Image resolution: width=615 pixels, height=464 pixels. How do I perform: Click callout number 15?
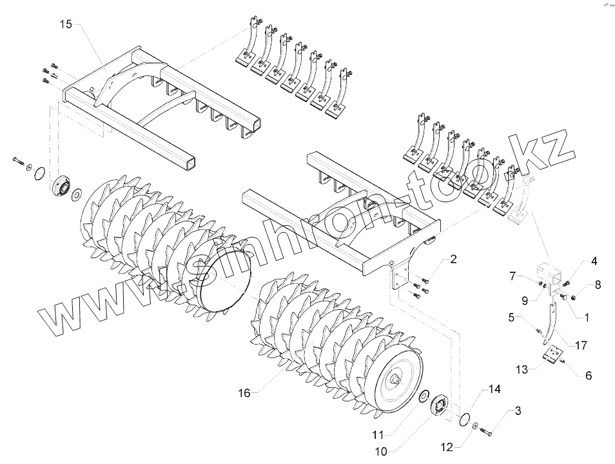[66, 25]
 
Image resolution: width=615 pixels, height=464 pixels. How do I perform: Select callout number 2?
[453, 259]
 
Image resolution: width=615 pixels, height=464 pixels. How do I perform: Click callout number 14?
[494, 389]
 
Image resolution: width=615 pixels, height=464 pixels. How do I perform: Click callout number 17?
[581, 346]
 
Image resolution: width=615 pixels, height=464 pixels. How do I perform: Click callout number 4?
[594, 261]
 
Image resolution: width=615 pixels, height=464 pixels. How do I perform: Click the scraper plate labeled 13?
[552, 358]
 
